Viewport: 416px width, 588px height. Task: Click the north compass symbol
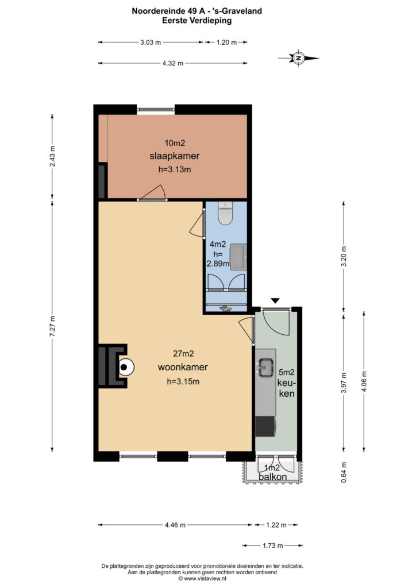(299, 58)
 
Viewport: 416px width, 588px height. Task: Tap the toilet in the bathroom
(225, 213)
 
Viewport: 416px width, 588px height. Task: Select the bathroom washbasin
(238, 257)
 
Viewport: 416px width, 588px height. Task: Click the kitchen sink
(265, 367)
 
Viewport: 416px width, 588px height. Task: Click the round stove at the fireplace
(126, 367)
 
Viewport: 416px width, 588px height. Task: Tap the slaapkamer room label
(175, 156)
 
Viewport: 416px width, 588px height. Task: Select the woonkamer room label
(183, 367)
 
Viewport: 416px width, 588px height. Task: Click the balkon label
(273, 477)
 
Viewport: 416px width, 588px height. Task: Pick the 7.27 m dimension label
(52, 326)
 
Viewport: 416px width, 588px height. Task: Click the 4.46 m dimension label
(175, 525)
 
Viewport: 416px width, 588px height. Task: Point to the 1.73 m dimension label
(273, 546)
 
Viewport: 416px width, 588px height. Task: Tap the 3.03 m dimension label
(151, 42)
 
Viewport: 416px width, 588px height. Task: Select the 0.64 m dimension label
(344, 472)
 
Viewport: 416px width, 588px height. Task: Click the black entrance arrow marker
(275, 300)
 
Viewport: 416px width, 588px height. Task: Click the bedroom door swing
(154, 192)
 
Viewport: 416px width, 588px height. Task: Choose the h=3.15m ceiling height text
(183, 382)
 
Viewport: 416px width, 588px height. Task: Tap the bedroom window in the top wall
(156, 110)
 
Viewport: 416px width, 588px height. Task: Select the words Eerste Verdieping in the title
(197, 21)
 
